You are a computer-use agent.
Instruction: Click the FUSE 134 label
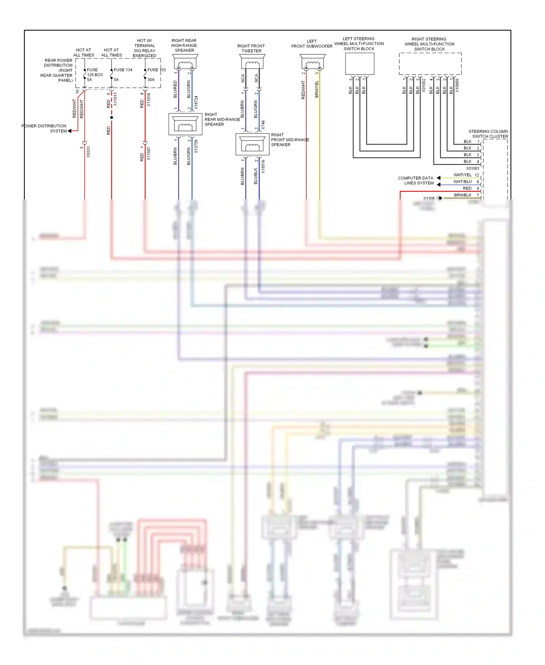[x=123, y=70]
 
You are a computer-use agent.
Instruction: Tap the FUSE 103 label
[x=156, y=70]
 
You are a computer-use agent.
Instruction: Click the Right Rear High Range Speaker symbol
[x=185, y=62]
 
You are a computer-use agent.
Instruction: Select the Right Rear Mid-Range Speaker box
[x=185, y=124]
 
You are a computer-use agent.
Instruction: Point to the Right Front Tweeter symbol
[x=252, y=62]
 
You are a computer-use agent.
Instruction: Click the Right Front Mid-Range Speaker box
[x=252, y=144]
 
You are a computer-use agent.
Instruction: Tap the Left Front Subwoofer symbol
[x=312, y=62]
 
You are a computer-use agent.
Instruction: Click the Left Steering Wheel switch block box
[x=359, y=64]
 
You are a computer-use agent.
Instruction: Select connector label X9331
[x=88, y=151]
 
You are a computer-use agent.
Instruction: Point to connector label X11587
[x=149, y=154]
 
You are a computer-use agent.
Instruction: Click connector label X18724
[x=196, y=103]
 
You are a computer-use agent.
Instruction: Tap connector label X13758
[x=196, y=146]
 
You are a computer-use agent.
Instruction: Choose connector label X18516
[x=263, y=166]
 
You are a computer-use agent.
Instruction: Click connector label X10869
[x=457, y=85]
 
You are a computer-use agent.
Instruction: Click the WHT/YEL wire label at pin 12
[x=462, y=175]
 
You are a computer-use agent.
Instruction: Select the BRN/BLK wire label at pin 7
[x=463, y=195]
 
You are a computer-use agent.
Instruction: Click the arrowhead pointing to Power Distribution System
[x=70, y=131]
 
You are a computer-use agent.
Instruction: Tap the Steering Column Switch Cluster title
[x=488, y=134]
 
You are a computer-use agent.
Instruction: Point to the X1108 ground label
[x=429, y=198]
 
